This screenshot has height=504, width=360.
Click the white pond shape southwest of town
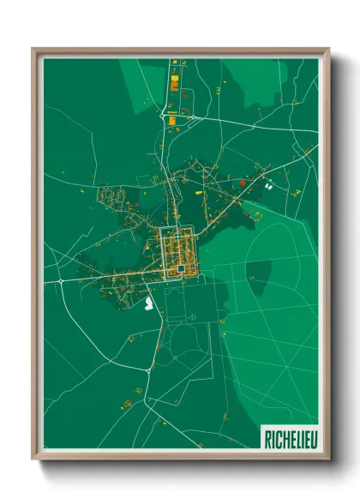point(151,302)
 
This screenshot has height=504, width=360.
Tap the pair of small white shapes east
point(267,183)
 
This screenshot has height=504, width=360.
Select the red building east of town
point(243,182)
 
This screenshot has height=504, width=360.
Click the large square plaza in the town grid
point(182,270)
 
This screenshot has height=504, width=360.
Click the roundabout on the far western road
point(62,280)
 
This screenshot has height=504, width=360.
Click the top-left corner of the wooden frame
point(34,50)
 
